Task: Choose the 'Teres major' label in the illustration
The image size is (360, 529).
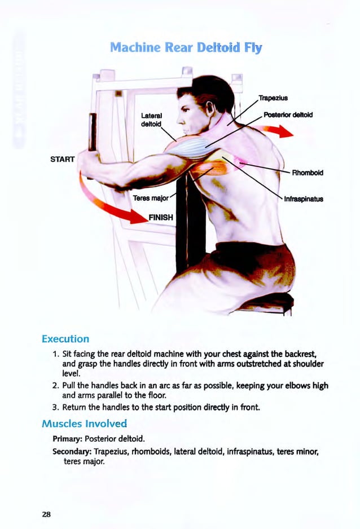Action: [x=148, y=198]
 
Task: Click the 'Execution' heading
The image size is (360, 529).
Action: [x=65, y=339]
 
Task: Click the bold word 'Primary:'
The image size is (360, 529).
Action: [x=67, y=438]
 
